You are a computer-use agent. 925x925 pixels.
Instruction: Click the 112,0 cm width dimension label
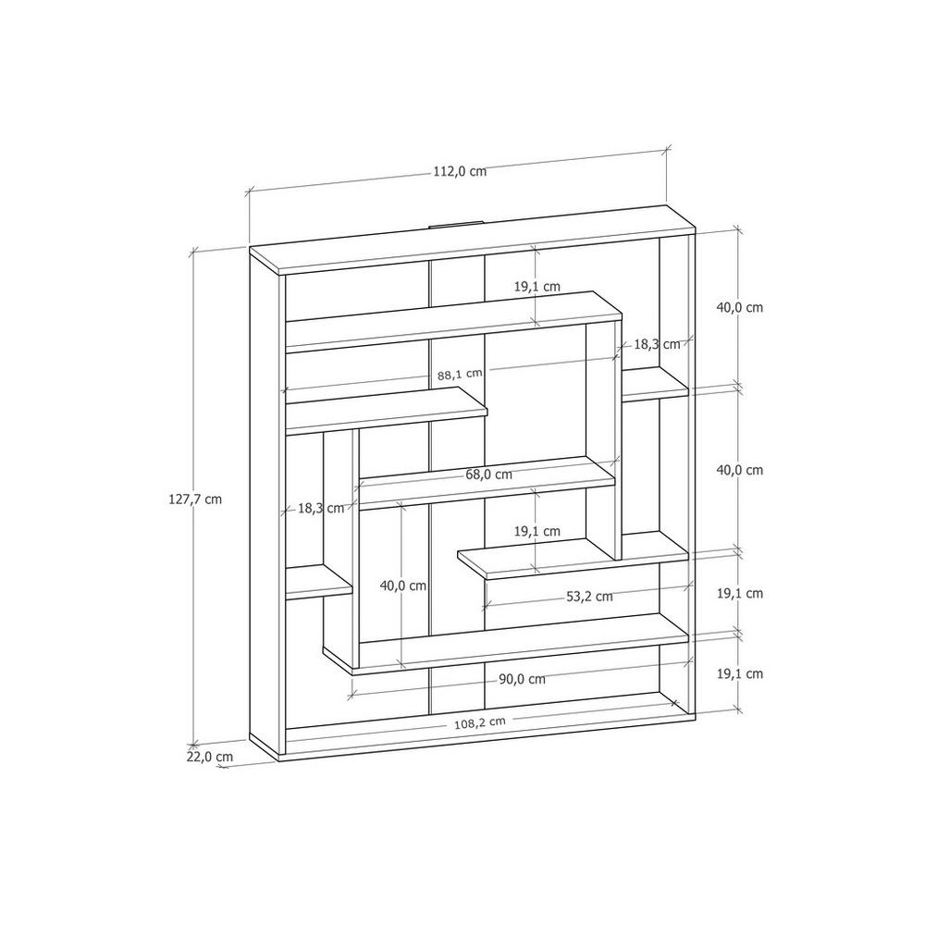[460, 172]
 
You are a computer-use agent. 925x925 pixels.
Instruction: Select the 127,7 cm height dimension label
[195, 499]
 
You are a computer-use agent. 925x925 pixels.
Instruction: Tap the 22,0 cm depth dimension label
[210, 757]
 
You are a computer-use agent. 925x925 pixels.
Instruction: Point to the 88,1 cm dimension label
[460, 374]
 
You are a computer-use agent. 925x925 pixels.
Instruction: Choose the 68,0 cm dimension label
[489, 475]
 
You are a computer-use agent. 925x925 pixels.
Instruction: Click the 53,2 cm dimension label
[589, 597]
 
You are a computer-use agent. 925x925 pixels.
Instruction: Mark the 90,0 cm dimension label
[522, 679]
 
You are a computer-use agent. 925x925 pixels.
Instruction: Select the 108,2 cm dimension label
[479, 722]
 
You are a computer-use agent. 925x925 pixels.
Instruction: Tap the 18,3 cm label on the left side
[320, 509]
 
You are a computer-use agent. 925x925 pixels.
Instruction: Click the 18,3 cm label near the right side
[657, 344]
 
